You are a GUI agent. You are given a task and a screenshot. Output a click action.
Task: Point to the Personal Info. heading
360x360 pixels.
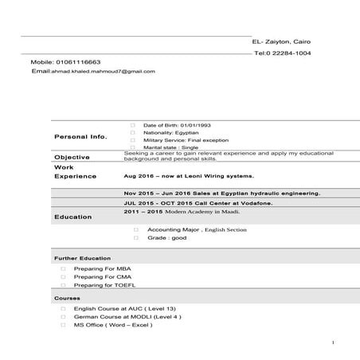(80, 137)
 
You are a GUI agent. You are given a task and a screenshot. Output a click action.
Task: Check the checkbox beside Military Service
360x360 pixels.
(132, 140)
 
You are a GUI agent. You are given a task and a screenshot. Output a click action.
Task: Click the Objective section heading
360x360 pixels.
(72, 157)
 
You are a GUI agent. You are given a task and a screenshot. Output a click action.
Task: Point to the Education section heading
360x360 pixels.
(73, 217)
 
